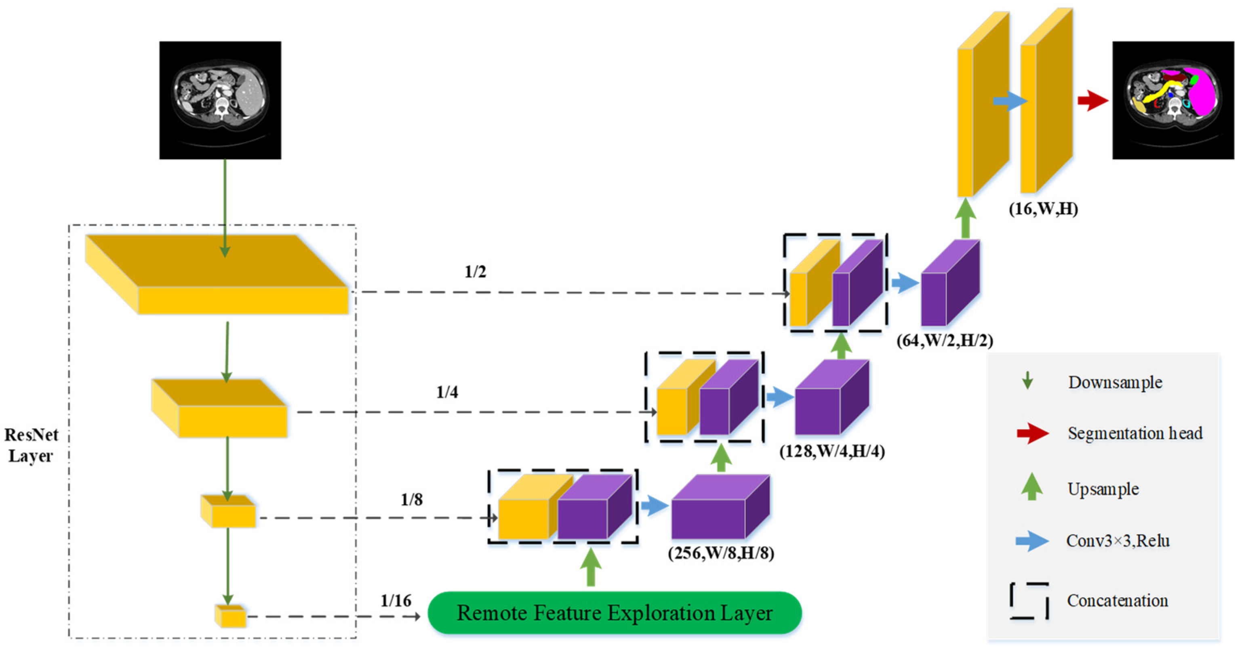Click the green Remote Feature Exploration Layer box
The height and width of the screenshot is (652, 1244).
coord(614,612)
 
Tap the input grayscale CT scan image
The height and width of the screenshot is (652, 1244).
coord(220,100)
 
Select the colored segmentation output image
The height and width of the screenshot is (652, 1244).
coord(1172,100)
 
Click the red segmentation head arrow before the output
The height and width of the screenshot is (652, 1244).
coord(1092,101)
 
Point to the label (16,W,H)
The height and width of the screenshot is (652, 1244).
coord(1043,209)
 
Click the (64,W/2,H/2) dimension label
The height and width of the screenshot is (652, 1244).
coord(945,341)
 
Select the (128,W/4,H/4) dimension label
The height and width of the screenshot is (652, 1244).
coord(831,451)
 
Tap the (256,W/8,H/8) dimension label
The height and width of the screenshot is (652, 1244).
coord(720,553)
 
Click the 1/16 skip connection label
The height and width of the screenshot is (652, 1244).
coord(396,600)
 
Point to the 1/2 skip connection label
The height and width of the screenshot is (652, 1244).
coord(475,272)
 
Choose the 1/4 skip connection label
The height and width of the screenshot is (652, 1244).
coord(447,392)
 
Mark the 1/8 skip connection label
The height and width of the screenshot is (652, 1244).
coord(411,499)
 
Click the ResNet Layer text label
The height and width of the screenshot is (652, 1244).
coord(31,445)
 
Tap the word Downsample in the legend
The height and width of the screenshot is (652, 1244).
coord(1115,383)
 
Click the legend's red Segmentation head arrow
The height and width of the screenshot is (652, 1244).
coord(1032,433)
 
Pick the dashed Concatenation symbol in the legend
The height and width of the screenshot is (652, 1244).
coord(1029,600)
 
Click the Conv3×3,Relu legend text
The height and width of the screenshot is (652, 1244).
coord(1118,541)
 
